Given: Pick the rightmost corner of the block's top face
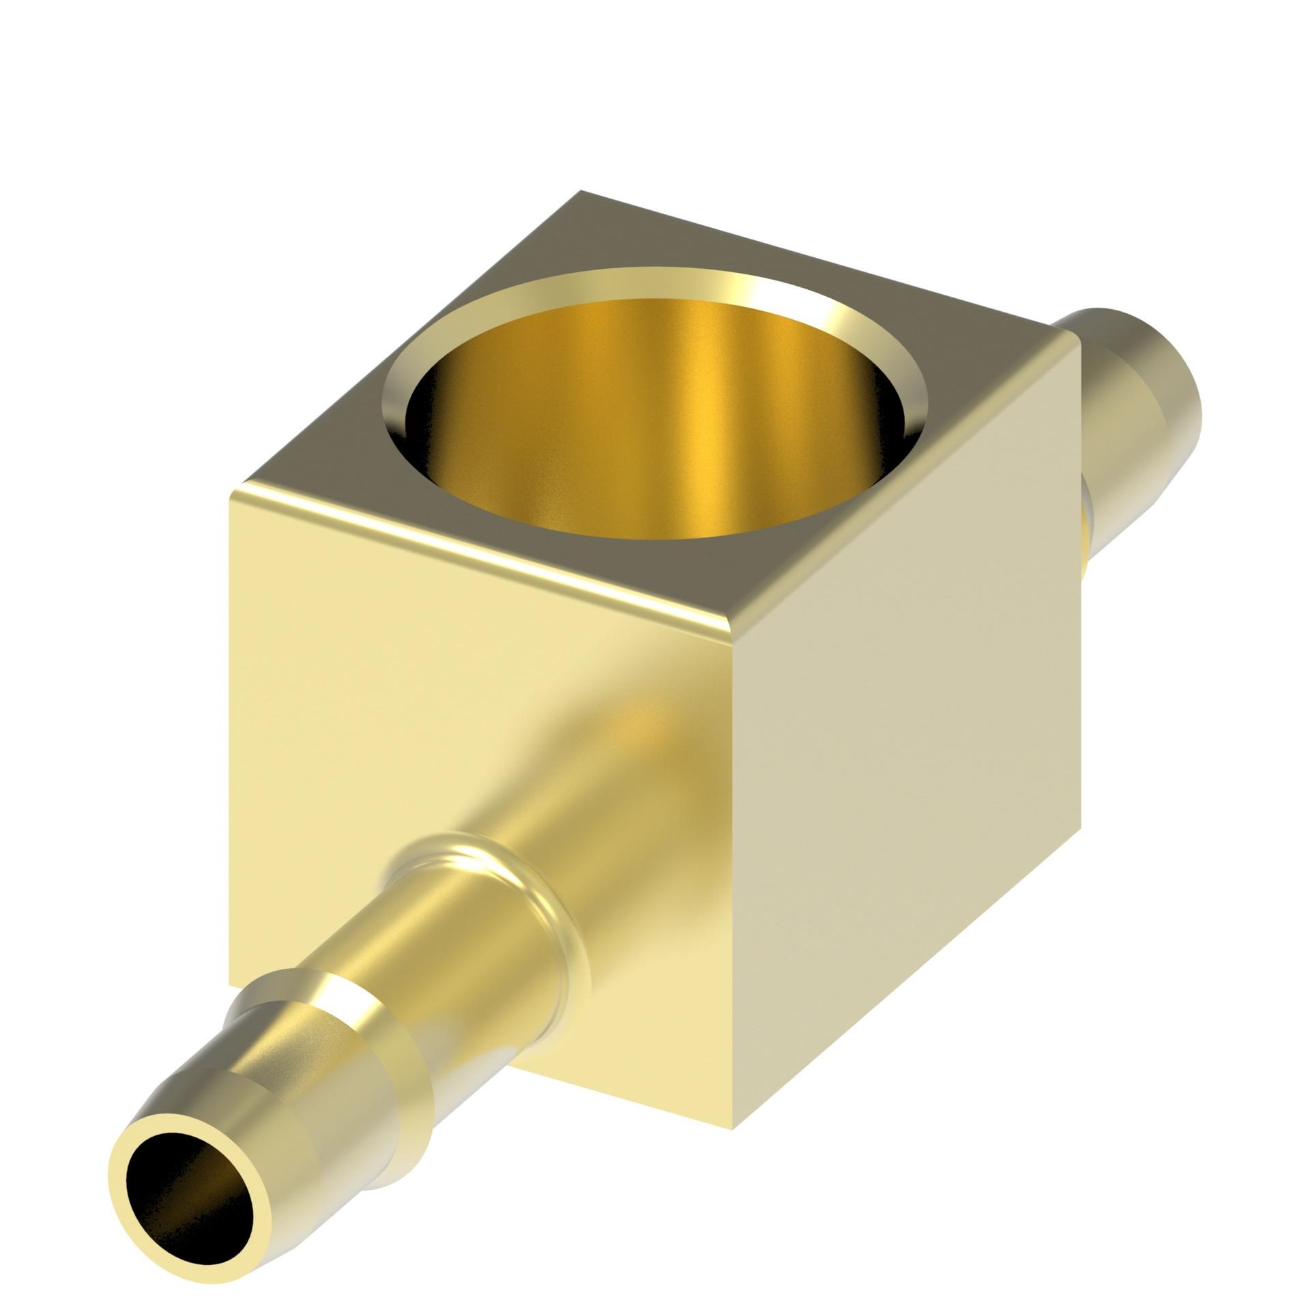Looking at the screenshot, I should click(1078, 334).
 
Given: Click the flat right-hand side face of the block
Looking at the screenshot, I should click(907, 723).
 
